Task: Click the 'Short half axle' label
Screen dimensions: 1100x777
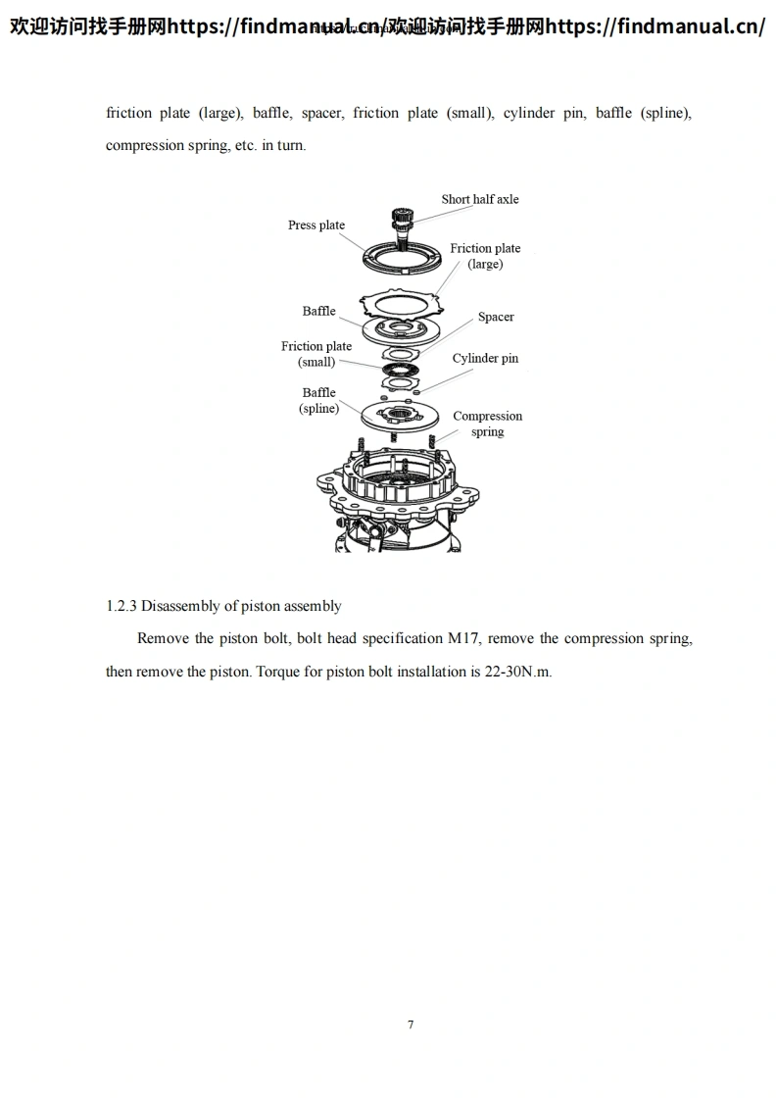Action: (x=479, y=199)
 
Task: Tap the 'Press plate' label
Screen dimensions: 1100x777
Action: (x=316, y=225)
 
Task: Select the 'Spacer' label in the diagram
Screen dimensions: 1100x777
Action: (x=496, y=317)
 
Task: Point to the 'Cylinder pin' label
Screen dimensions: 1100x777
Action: (x=485, y=359)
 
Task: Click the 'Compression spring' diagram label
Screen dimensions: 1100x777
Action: (x=487, y=424)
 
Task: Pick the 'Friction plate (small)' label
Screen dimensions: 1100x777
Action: (x=316, y=354)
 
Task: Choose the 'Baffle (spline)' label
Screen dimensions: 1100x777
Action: (x=318, y=401)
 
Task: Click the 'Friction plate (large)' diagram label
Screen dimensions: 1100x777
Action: (x=485, y=256)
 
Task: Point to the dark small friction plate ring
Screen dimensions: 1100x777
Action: (x=401, y=368)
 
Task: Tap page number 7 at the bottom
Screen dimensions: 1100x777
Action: (x=411, y=1025)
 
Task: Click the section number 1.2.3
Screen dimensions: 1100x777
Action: (x=121, y=606)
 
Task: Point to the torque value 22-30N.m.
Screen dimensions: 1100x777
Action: (x=518, y=673)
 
